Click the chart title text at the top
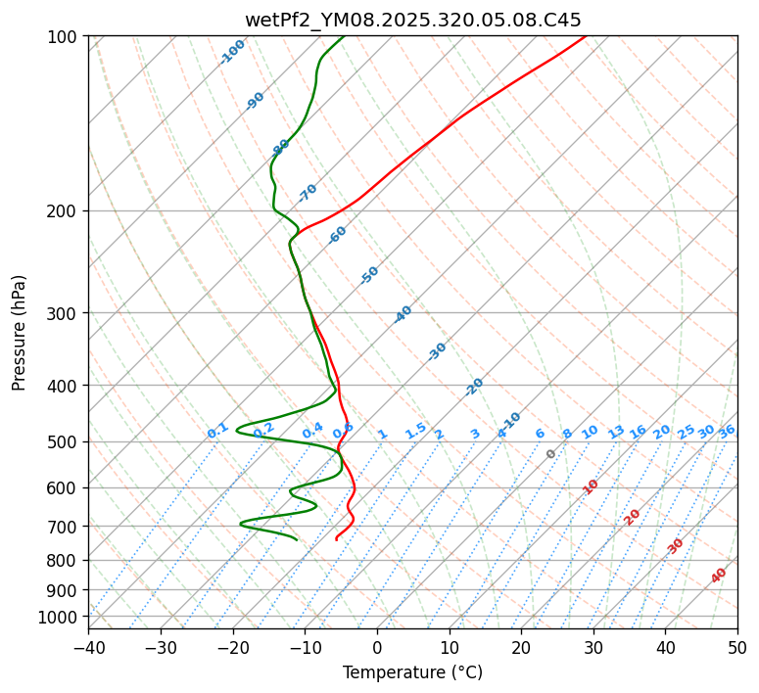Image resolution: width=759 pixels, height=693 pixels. tap(412, 20)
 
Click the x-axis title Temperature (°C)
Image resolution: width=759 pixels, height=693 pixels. tap(412, 672)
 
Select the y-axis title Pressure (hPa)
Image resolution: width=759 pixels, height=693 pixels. tap(20, 333)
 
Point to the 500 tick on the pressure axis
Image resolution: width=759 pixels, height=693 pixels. tap(65, 441)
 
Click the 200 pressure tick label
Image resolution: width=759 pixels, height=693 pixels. tap(65, 210)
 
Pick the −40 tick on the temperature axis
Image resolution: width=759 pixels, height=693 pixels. tap(88, 647)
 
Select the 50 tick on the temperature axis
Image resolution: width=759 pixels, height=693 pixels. tap(737, 647)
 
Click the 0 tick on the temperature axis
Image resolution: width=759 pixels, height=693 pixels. tap(377, 647)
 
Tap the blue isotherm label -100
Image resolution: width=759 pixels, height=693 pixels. tap(232, 52)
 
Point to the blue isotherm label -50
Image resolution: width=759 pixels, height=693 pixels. tap(369, 275)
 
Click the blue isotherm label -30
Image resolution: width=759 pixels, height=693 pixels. tap(437, 351)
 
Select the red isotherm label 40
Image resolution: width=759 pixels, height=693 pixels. tap(719, 576)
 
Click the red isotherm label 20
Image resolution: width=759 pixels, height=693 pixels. tap(633, 517)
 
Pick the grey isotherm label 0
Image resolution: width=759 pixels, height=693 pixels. tap(551, 454)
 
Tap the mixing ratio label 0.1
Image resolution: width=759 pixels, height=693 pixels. tap(217, 430)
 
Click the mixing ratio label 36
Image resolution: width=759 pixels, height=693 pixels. tap(727, 432)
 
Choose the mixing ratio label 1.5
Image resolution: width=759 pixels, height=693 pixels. tap(415, 430)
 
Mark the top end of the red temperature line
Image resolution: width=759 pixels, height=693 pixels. tap(586, 36)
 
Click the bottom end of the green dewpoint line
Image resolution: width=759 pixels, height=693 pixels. tap(297, 539)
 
